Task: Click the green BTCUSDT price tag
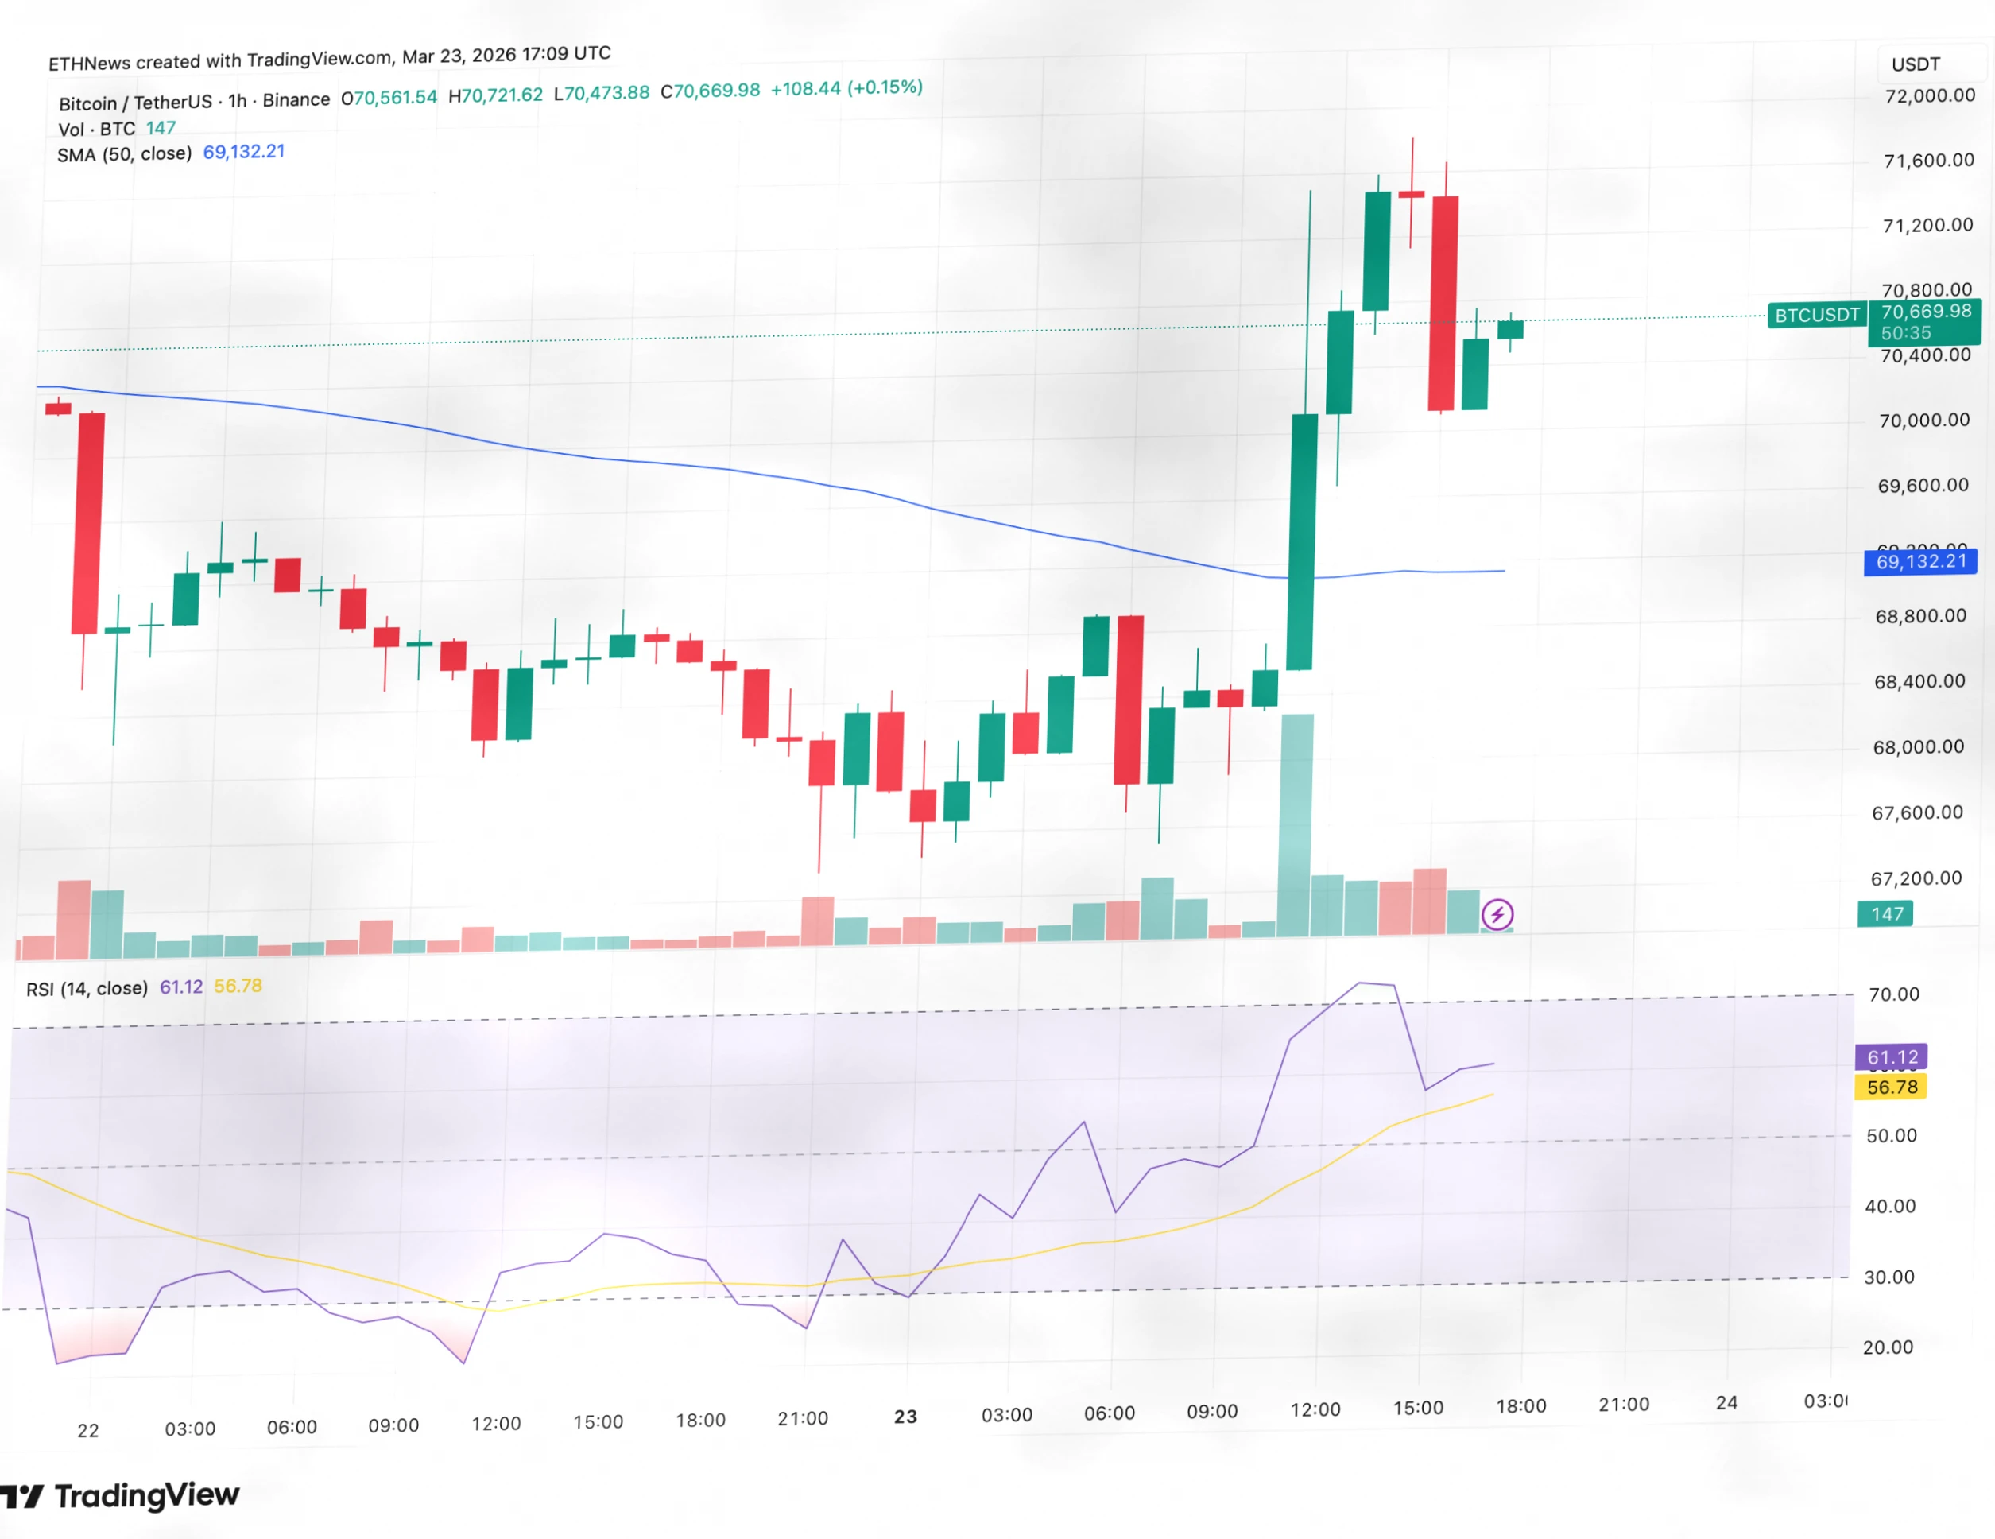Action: [1816, 315]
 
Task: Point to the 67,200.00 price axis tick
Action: [1916, 878]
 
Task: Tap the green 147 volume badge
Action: [1886, 914]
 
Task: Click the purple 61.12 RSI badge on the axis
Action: [1892, 1057]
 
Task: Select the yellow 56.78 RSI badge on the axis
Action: [1892, 1087]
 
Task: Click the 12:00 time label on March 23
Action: [1315, 1409]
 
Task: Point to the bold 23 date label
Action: [905, 1417]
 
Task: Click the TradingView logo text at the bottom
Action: [146, 1496]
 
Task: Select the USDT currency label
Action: [1916, 64]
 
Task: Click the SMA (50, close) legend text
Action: [124, 154]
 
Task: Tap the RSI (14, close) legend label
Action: [87, 988]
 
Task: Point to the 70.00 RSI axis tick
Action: [1893, 994]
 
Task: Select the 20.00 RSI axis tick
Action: [1887, 1347]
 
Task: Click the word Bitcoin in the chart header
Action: [87, 103]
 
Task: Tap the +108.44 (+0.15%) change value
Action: [846, 88]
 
